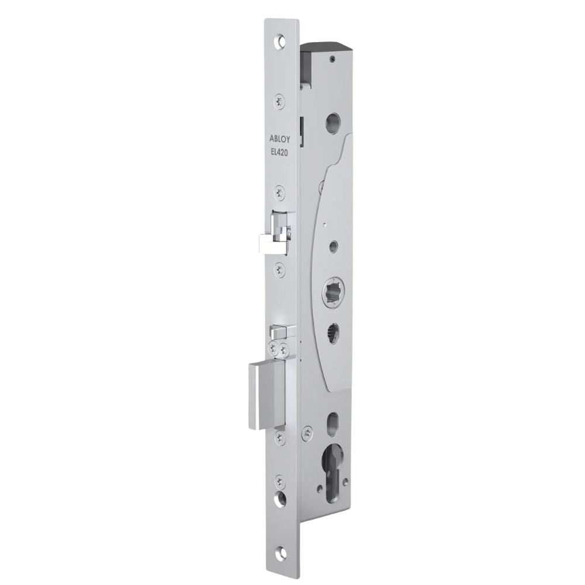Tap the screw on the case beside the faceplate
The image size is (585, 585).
[x=307, y=433]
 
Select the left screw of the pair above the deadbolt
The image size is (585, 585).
[x=275, y=349]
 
